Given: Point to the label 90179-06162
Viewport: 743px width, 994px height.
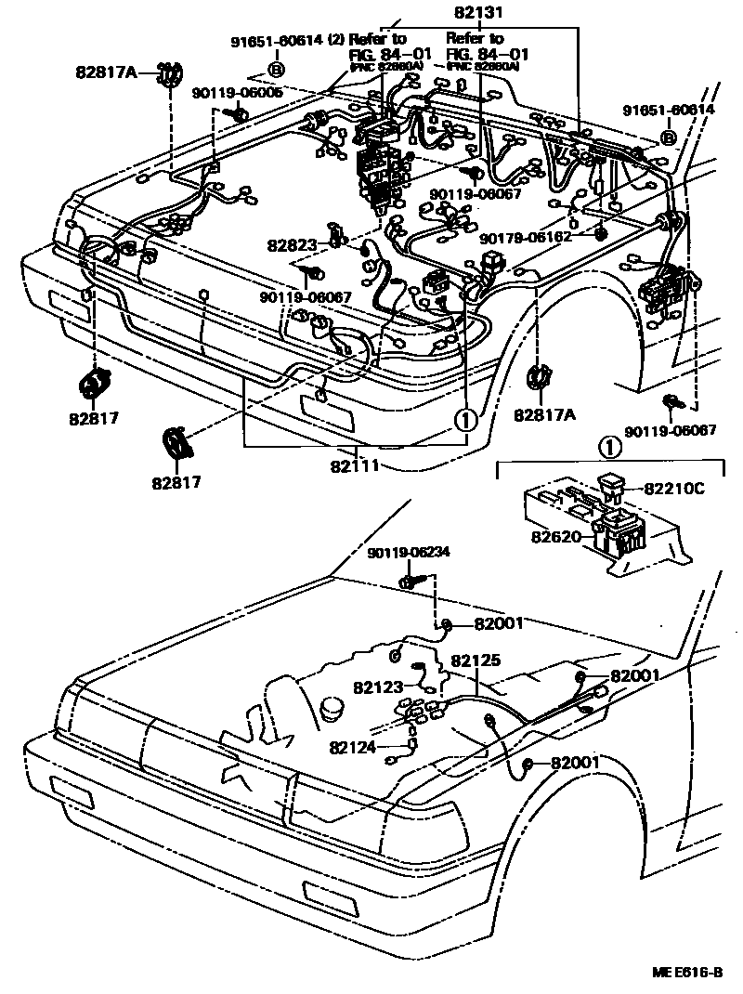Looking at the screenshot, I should click(528, 237).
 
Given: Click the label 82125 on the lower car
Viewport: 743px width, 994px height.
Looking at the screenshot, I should click(476, 660).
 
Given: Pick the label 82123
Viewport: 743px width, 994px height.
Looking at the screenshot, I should click(377, 687).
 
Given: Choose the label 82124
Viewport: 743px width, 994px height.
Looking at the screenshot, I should click(353, 746).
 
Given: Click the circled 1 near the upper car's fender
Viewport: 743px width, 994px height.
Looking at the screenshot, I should click(464, 419).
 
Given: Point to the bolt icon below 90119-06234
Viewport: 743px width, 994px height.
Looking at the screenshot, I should click(409, 582).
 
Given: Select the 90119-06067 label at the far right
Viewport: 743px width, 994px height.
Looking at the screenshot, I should click(670, 431).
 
